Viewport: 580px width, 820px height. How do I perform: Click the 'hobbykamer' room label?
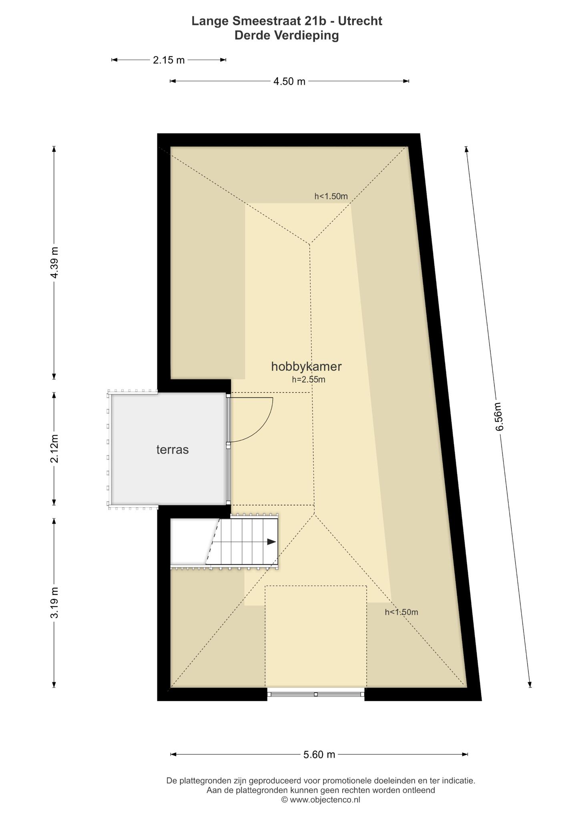point(306,366)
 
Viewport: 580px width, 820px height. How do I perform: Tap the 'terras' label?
point(173,450)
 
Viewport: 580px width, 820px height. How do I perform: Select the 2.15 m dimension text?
point(169,60)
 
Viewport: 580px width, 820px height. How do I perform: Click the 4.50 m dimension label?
point(289,81)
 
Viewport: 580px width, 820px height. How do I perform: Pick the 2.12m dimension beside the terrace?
point(54,448)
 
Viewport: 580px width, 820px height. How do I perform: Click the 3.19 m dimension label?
point(54,603)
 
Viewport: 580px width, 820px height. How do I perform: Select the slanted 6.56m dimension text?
point(499,416)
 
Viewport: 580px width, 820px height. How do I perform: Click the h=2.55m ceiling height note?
point(309,380)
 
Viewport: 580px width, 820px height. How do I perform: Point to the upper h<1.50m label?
point(331,196)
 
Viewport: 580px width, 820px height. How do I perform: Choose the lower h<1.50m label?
point(401,612)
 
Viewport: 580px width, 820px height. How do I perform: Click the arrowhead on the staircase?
point(272,542)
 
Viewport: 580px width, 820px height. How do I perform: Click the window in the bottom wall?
point(316,694)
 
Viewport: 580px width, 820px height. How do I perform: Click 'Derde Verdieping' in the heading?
point(287,36)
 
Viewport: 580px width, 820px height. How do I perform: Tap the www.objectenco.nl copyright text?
point(321,800)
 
